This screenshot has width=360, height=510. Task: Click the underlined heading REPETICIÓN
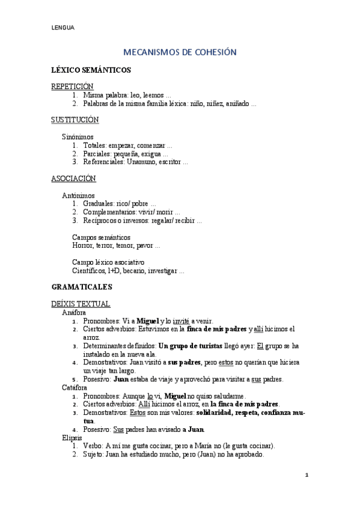(x=72, y=87)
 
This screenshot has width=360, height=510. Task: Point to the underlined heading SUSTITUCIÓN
(x=75, y=120)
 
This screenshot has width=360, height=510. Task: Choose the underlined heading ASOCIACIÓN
(x=73, y=179)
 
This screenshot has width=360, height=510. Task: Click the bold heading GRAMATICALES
(x=82, y=287)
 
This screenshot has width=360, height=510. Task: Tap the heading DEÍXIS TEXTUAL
(x=81, y=304)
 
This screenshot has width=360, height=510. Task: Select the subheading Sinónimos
(x=78, y=137)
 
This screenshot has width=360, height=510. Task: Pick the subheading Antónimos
(x=78, y=195)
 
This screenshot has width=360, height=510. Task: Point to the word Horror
(x=83, y=246)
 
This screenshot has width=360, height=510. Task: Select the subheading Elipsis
(x=72, y=438)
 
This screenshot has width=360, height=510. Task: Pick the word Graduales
(x=100, y=204)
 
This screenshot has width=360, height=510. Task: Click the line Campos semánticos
(x=101, y=238)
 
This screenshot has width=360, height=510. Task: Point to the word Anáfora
(x=73, y=313)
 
